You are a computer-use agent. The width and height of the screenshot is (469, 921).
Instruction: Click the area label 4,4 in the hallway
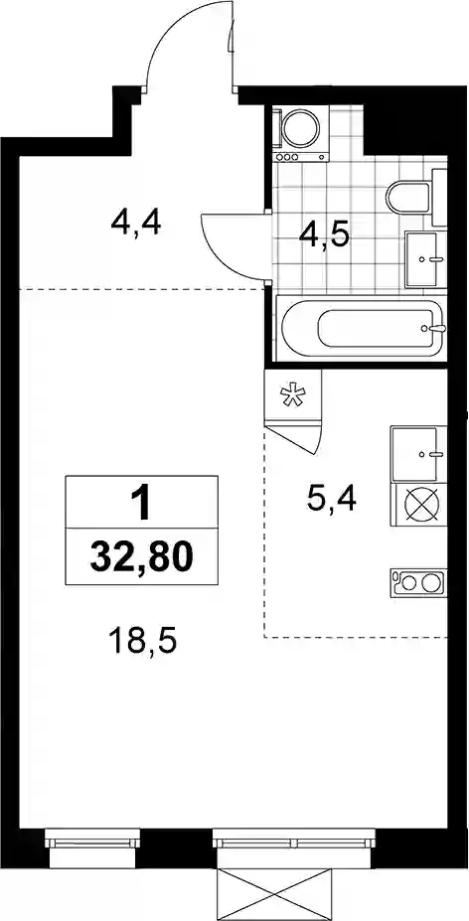[135, 224]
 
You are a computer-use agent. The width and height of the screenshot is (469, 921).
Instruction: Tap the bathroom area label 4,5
[325, 236]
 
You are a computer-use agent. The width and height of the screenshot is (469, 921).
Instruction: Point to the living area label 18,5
[143, 642]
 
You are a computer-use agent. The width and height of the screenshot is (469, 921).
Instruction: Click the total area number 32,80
[142, 555]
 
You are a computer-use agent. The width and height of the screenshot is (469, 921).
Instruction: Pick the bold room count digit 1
[142, 504]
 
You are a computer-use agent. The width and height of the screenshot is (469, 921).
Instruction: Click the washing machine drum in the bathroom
[300, 127]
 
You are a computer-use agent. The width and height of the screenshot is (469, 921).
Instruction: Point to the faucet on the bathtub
[435, 328]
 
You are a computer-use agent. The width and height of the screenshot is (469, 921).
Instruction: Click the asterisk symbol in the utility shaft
[292, 394]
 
